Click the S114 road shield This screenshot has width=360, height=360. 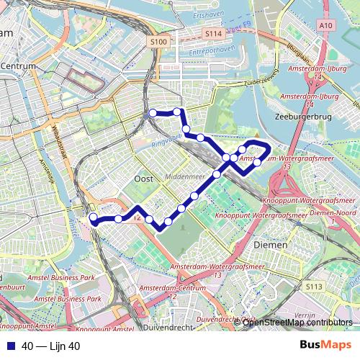[212, 33]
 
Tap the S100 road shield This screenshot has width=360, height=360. [159, 43]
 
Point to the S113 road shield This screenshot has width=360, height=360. [314, 287]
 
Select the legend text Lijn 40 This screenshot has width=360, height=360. [65, 346]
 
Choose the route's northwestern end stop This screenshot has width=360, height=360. [153, 113]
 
